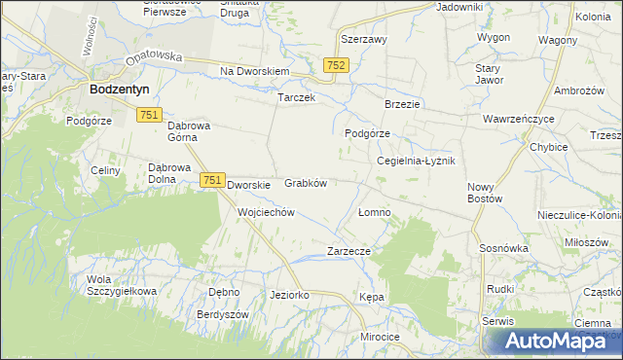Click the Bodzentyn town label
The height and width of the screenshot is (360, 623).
[118, 89]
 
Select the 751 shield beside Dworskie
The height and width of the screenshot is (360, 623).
[212, 180]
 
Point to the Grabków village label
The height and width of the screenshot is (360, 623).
[305, 182]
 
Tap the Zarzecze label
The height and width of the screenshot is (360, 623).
[348, 250]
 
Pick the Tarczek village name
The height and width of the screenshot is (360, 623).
[296, 98]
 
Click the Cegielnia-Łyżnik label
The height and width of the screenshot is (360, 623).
[416, 161]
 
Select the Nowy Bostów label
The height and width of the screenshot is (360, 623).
[484, 193]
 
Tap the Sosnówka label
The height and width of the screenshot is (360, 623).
[503, 248]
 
